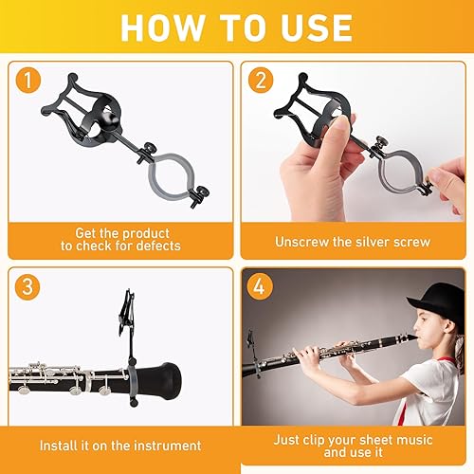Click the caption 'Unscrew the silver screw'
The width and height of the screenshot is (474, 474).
(353, 242)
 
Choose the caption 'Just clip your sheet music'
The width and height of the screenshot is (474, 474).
(353, 440)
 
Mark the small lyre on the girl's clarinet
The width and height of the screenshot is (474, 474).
(252, 342)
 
